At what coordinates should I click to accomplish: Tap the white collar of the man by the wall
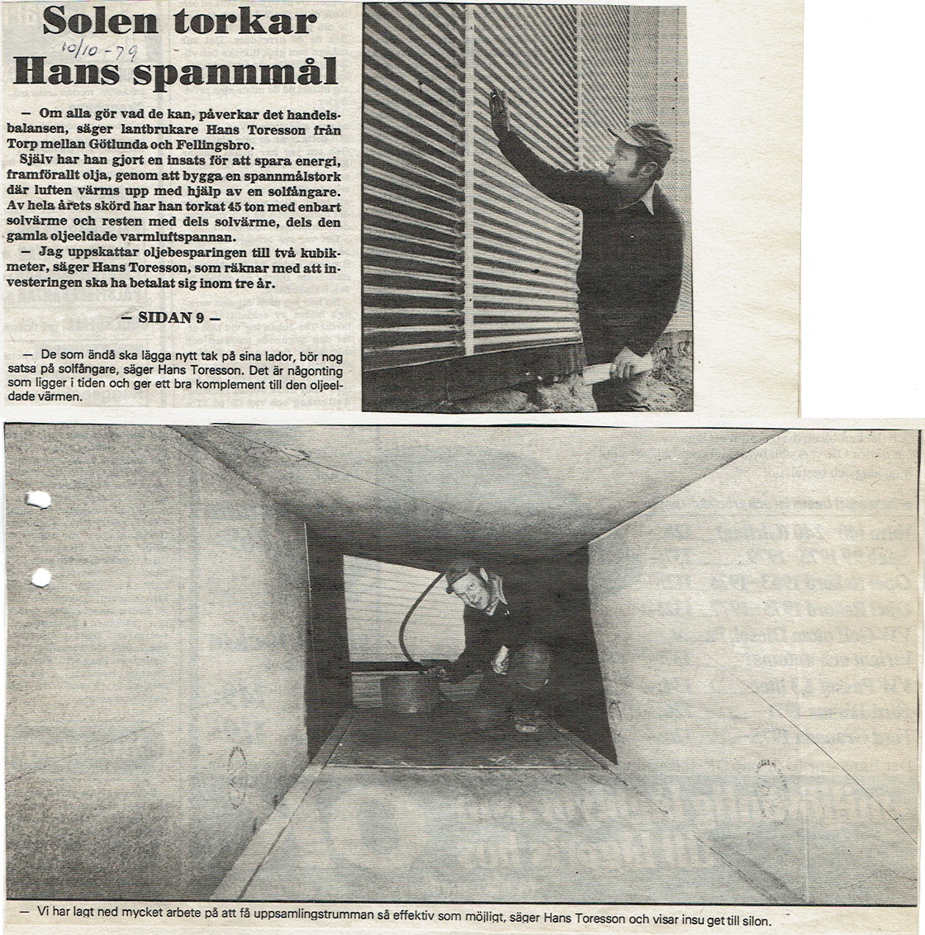pyautogui.click(x=652, y=198)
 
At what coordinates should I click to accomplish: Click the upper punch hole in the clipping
pyautogui.click(x=38, y=500)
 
